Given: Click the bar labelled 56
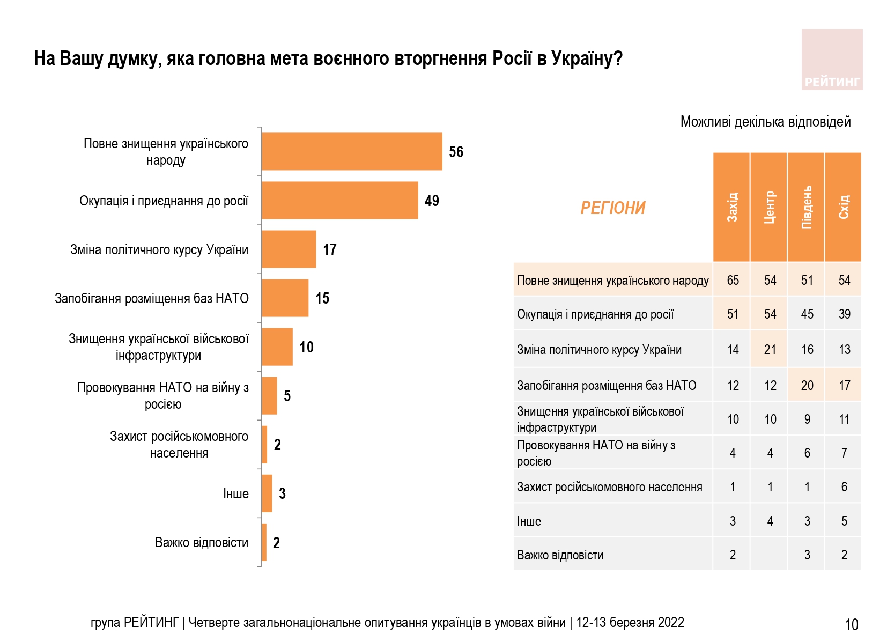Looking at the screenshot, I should (352, 152).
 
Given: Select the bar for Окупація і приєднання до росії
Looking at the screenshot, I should (339, 201).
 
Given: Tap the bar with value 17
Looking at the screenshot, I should (289, 249).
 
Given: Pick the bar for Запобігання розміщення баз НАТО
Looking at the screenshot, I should (285, 298).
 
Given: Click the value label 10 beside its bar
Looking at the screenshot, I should (306, 347).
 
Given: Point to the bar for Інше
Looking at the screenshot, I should (267, 493).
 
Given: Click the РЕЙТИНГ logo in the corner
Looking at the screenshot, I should (832, 60).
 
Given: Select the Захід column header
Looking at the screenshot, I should (731, 207).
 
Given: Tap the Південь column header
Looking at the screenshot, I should (806, 207).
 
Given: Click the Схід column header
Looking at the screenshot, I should (843, 207).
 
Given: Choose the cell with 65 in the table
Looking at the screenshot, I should (733, 281).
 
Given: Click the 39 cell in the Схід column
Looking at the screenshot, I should (844, 314).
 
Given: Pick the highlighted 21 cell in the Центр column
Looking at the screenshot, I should (770, 350).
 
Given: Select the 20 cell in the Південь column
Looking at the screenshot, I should (807, 386).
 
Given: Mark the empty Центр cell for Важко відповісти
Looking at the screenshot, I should (770, 555).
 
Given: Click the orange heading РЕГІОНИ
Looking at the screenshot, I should (612, 208).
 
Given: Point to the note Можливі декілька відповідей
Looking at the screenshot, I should (765, 122).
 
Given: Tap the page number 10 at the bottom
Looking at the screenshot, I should (851, 624).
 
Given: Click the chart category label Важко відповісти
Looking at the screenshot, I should (202, 543).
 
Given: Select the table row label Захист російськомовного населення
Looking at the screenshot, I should (609, 487).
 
